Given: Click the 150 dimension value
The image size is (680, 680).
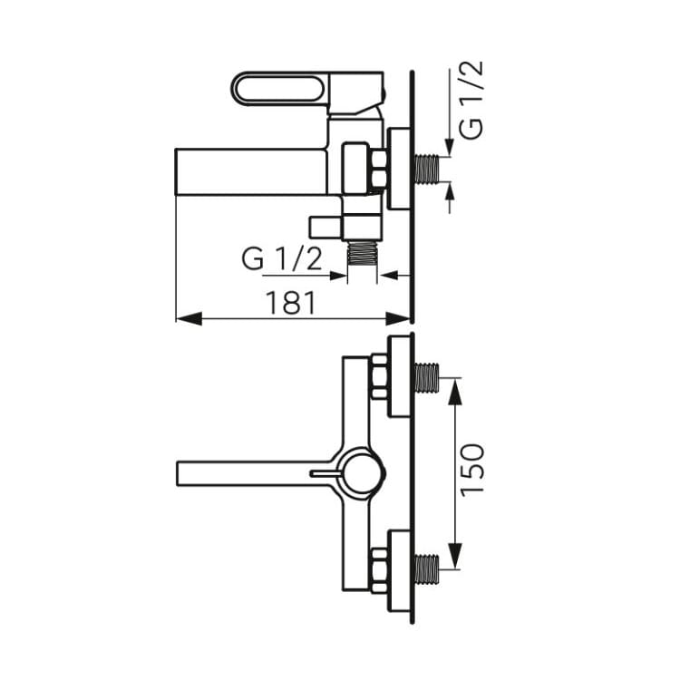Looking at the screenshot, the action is pos(471,471).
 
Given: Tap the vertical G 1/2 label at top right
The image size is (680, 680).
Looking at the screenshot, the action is pos(471,100).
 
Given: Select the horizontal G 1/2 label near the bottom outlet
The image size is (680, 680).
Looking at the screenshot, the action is pos(282,259).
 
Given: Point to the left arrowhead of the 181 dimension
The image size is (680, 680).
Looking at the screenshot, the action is pos(189,319).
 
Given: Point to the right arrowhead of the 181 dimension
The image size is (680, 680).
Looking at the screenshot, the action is pos(398,319).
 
